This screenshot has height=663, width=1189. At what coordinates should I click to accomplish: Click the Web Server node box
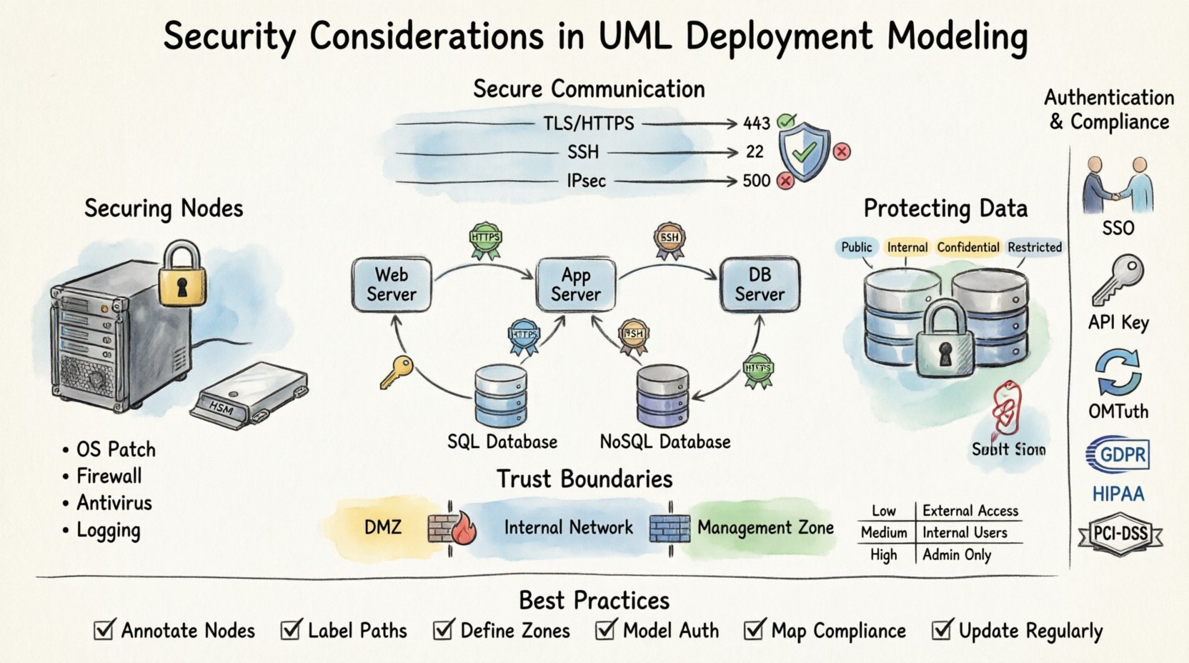(392, 284)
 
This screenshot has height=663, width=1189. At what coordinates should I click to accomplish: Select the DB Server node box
(760, 284)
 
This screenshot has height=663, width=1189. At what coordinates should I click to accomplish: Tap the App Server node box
(576, 284)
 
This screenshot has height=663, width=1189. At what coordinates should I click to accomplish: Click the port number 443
(756, 124)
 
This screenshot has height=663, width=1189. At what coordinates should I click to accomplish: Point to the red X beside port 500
(785, 181)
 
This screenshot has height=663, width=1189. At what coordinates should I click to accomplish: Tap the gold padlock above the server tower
(181, 275)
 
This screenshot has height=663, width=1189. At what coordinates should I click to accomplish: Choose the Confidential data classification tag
(967, 247)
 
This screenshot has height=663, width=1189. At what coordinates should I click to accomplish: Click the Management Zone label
(765, 528)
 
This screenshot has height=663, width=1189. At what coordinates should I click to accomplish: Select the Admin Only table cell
(957, 555)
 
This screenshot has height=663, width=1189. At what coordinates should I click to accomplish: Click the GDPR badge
(1118, 454)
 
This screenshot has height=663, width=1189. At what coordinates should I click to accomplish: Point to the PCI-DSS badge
(1120, 534)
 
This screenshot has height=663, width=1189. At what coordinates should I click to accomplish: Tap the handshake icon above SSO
(1118, 186)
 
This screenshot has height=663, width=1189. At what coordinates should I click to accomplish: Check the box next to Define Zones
(443, 630)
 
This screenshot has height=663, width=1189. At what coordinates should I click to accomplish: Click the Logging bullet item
(108, 531)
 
